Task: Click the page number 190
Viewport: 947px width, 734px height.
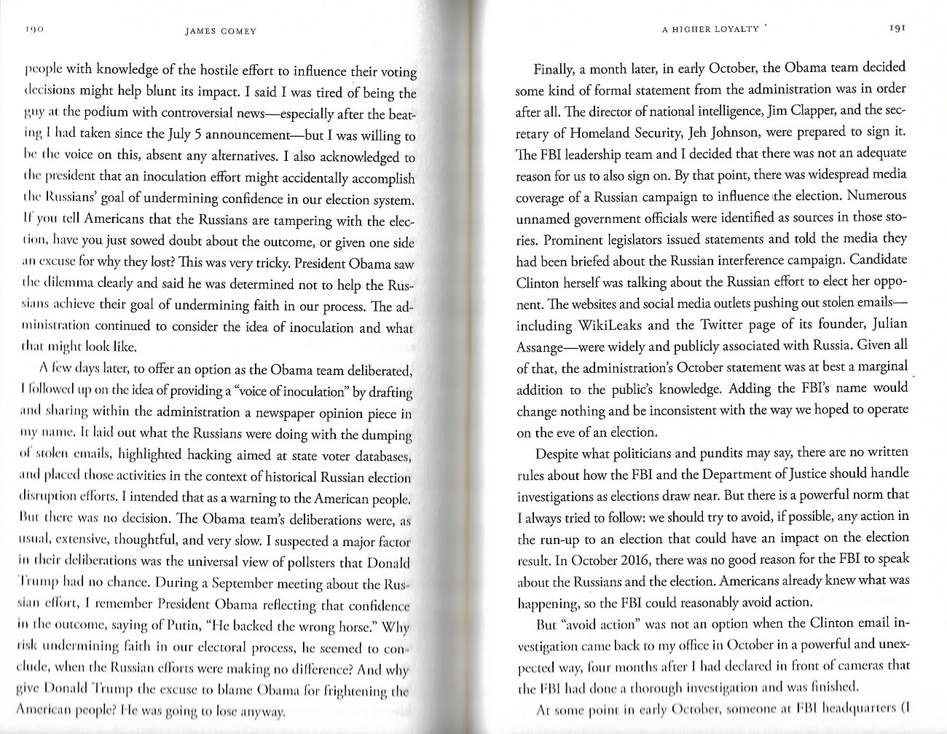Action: coord(35,31)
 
